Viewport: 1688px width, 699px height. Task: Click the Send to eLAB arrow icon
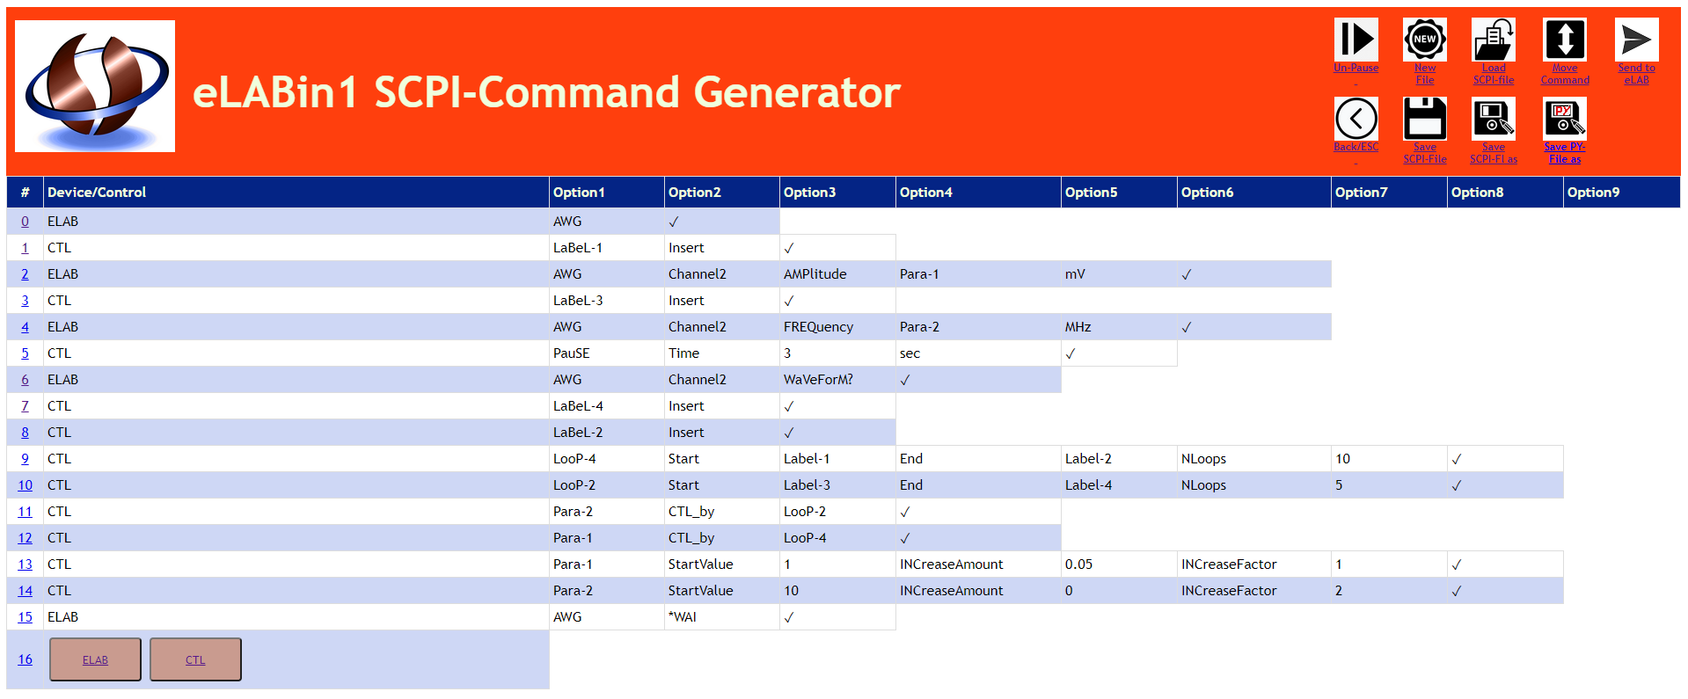click(x=1636, y=40)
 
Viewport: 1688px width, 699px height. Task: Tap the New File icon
click(x=1425, y=40)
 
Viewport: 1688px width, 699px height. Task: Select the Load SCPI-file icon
click(x=1494, y=40)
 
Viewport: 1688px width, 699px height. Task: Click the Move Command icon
click(x=1565, y=40)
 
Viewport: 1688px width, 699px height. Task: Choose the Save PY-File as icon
click(x=1565, y=119)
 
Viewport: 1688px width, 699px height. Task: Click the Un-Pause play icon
click(x=1356, y=40)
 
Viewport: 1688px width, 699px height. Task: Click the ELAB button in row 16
click(x=95, y=659)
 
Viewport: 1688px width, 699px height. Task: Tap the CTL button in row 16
click(x=195, y=659)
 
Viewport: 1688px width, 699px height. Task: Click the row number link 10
click(x=25, y=485)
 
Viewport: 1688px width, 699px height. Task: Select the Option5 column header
click(x=1091, y=193)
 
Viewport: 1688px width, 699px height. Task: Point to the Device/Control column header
click(x=97, y=193)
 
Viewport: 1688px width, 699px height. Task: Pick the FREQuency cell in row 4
click(x=818, y=327)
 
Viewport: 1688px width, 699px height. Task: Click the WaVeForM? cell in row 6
click(x=818, y=380)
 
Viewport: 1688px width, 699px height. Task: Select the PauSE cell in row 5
click(x=572, y=353)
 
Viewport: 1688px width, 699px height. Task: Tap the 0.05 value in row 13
click(x=1078, y=564)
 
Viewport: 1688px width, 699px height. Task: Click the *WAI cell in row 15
click(x=683, y=617)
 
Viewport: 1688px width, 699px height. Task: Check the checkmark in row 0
click(x=674, y=222)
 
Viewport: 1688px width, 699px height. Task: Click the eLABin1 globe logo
click(x=95, y=86)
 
